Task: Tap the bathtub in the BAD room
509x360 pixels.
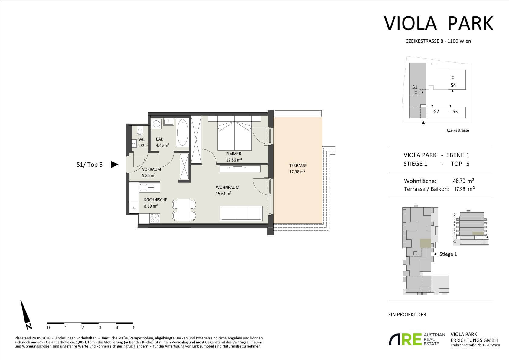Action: pos(182,132)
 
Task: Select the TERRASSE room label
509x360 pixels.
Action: pos(298,166)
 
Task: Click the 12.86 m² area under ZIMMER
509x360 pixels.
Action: pos(234,160)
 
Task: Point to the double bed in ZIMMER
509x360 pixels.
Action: pos(234,133)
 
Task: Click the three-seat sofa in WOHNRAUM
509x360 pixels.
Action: pos(241,213)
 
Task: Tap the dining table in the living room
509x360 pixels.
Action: pos(184,210)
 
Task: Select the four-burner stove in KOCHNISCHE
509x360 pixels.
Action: pos(155,218)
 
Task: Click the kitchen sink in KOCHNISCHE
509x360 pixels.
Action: pos(144,188)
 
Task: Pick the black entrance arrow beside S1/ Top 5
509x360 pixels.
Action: pos(114,164)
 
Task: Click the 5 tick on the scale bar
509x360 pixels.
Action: pos(134,328)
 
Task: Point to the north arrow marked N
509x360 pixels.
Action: pos(26,315)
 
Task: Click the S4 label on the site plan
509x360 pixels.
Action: pos(453,85)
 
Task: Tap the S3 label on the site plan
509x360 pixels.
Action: pos(455,111)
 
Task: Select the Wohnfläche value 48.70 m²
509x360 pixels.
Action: pos(464,181)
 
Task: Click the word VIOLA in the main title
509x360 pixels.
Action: pos(410,23)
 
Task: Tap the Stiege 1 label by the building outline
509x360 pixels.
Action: pos(448,254)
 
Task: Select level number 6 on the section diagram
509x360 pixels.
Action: pos(455,214)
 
